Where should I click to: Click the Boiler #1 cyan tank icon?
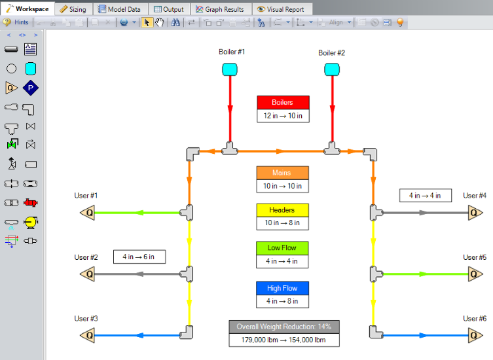(230, 69)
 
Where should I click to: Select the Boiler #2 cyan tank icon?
(332, 69)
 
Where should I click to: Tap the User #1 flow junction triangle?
(88, 213)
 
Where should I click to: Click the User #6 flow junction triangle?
(475, 336)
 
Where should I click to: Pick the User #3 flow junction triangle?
(88, 336)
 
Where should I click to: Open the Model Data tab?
(120, 9)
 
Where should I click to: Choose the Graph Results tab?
(220, 9)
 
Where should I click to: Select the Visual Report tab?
(281, 9)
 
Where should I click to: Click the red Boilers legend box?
(283, 103)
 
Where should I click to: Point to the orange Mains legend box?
(282, 173)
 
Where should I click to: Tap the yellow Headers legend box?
(282, 210)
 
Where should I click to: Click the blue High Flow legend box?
(282, 288)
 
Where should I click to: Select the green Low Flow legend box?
(282, 248)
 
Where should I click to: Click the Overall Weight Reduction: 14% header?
(284, 327)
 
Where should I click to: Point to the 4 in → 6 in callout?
(139, 257)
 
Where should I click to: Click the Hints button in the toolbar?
(16, 22)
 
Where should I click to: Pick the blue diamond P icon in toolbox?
(31, 88)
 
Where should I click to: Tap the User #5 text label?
(475, 257)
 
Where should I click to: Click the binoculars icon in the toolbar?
(175, 22)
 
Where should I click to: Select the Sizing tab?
(73, 9)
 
